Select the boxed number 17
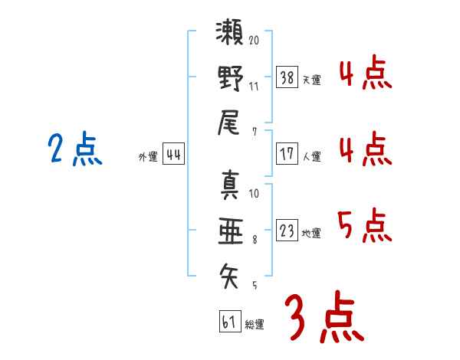[x=287, y=153]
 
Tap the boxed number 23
[x=287, y=231]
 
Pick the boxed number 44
[x=174, y=154]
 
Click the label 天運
[x=310, y=80]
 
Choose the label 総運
[x=254, y=325]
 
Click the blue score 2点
[x=74, y=149]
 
